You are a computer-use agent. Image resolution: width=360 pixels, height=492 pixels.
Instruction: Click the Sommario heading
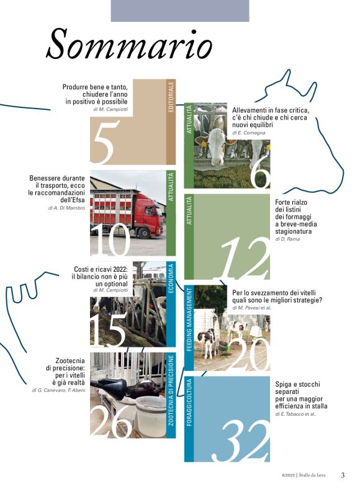pos(129,44)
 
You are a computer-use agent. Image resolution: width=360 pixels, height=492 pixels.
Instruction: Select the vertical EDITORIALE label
pos(171,97)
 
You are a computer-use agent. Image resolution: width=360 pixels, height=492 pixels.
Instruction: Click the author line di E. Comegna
pos(248,133)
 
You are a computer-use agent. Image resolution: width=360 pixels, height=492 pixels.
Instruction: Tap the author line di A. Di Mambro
pos(66,208)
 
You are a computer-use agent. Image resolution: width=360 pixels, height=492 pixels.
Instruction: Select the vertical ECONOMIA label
pos(171,279)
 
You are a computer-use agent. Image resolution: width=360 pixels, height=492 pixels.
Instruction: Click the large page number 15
pos(109,329)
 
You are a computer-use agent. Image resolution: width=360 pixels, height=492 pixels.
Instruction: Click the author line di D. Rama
pos(287,239)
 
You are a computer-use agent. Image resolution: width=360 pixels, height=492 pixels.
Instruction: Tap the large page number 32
pos(241,441)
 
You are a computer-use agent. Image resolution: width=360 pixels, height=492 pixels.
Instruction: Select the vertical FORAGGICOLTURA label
pos(189,403)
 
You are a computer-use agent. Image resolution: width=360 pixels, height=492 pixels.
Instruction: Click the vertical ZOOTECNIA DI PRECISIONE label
pos(171,390)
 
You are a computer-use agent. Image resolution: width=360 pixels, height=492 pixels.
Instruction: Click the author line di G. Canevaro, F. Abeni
pos(58,390)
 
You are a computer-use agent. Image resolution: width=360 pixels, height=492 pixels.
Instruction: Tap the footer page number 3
pos(343,475)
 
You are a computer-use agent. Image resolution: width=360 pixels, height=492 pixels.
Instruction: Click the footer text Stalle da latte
pos(312,475)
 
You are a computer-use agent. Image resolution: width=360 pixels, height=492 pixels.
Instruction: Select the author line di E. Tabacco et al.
pos(295,414)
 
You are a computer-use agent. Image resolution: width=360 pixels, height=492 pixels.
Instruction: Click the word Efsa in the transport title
pos(79,200)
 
